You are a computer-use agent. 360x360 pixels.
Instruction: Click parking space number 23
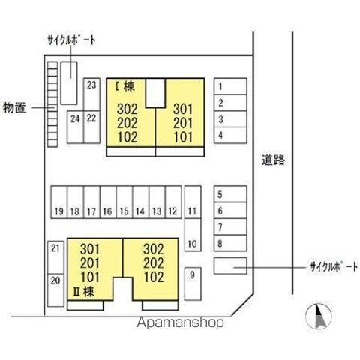(91, 94)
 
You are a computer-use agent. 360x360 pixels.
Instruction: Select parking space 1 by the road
(230, 86)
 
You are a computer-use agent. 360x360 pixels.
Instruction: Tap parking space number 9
(193, 283)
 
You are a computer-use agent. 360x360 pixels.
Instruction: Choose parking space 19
(59, 202)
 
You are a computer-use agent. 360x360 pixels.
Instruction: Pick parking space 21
(55, 257)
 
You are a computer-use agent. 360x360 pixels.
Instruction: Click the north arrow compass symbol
(319, 316)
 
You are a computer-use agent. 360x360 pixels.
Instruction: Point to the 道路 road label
(273, 160)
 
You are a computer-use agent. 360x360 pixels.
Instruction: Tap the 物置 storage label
(14, 108)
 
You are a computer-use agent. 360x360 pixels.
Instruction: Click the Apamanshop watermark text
(180, 322)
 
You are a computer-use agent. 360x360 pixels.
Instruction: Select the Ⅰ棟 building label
(124, 86)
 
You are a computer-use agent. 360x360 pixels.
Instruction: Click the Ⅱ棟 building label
(83, 291)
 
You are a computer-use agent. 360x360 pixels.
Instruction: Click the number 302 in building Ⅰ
(127, 109)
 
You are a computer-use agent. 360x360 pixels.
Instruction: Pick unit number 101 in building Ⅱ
(90, 277)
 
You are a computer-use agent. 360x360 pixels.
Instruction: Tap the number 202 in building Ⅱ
(154, 263)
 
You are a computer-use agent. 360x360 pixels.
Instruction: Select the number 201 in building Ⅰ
(183, 123)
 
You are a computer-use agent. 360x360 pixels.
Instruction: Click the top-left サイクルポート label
(71, 40)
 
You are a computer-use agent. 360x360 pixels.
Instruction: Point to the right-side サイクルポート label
(334, 267)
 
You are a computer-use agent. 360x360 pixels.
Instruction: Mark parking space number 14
(141, 202)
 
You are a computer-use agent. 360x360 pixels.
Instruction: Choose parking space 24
(75, 127)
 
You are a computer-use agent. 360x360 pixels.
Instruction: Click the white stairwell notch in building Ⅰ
(155, 93)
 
